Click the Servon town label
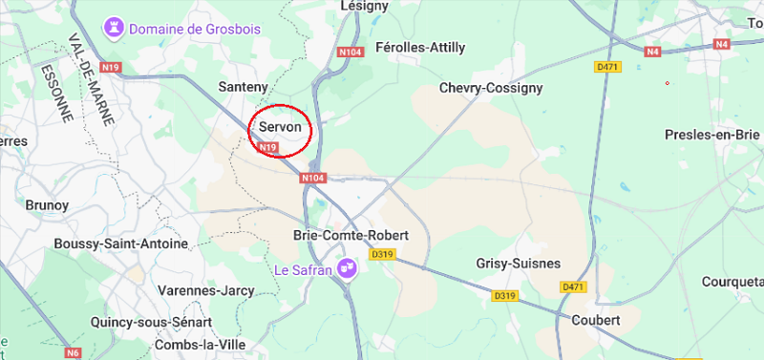tap(280, 126)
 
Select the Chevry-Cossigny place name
tap(490, 88)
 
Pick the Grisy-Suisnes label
tap(518, 263)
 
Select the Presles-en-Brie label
tap(711, 135)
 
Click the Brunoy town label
tap(47, 204)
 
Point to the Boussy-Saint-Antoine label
tap(121, 244)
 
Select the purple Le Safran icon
tap(349, 270)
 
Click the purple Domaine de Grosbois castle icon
tap(116, 29)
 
